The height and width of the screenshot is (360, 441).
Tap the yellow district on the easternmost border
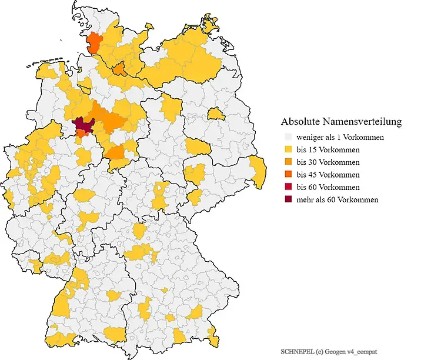pos(257,170)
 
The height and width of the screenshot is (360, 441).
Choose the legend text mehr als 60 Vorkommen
pos(338,200)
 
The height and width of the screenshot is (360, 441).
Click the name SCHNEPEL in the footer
pos(297,351)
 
